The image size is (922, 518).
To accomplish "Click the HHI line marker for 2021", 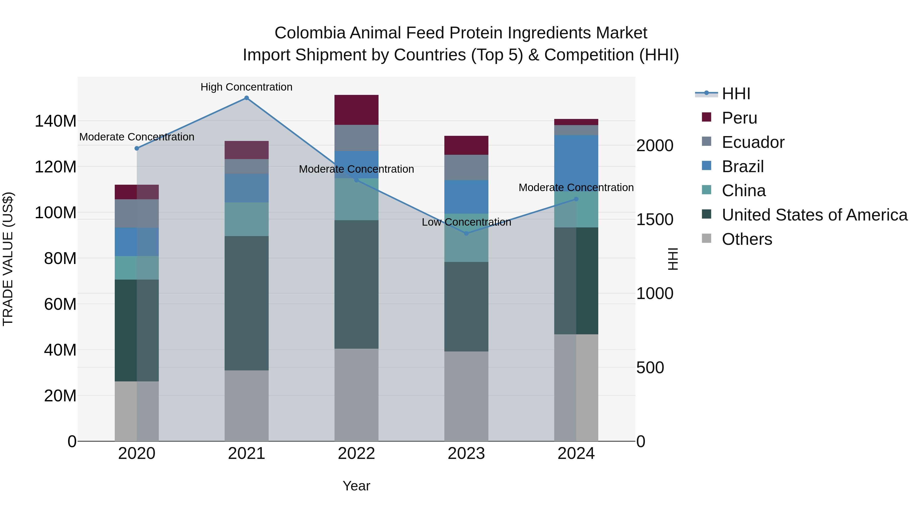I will (246, 98).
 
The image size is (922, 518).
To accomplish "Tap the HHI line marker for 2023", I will (466, 234).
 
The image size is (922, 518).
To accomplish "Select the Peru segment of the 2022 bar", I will (356, 110).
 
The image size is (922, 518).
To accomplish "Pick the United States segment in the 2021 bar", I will (246, 303).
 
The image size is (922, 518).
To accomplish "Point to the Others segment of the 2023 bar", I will (466, 396).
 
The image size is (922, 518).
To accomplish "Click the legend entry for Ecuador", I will (753, 142).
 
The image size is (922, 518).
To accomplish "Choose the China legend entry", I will (743, 191).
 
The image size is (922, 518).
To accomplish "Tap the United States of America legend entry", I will (814, 215).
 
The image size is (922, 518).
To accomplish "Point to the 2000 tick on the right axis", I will (655, 146).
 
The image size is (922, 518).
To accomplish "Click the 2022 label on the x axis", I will (356, 454).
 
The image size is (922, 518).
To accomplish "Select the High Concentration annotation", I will (246, 87).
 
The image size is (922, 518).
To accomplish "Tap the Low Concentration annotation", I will (466, 222).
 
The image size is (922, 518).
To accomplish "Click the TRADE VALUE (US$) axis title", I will (8, 259).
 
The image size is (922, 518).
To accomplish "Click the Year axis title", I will (356, 486).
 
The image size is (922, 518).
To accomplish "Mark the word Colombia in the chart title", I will (310, 33).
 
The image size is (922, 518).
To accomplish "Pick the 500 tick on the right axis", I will (650, 368).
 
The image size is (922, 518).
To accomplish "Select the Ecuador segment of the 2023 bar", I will (466, 167).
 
